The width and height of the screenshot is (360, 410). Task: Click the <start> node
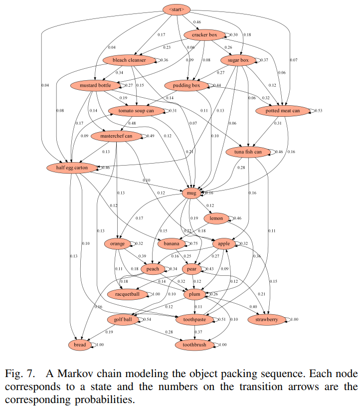[x=177, y=9]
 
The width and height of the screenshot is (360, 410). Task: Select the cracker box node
[x=201, y=35]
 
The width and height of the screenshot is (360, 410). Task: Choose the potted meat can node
[x=284, y=110]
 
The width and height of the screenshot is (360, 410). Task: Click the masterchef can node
[x=116, y=136]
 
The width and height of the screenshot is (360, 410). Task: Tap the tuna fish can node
[x=247, y=152]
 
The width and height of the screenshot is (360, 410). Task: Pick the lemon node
[x=216, y=218]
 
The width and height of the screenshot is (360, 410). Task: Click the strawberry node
[x=267, y=319]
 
